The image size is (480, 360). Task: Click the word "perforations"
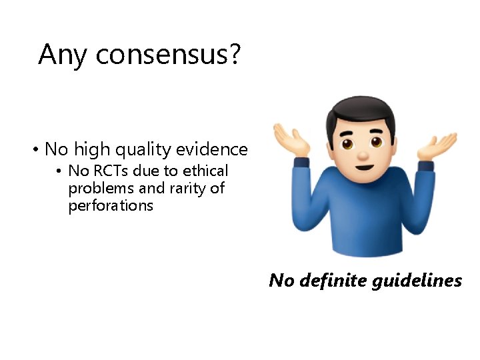point(111,206)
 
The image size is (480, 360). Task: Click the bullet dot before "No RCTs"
point(60,171)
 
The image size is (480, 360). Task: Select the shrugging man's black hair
point(361,112)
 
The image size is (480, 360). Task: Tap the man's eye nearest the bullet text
point(347,143)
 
